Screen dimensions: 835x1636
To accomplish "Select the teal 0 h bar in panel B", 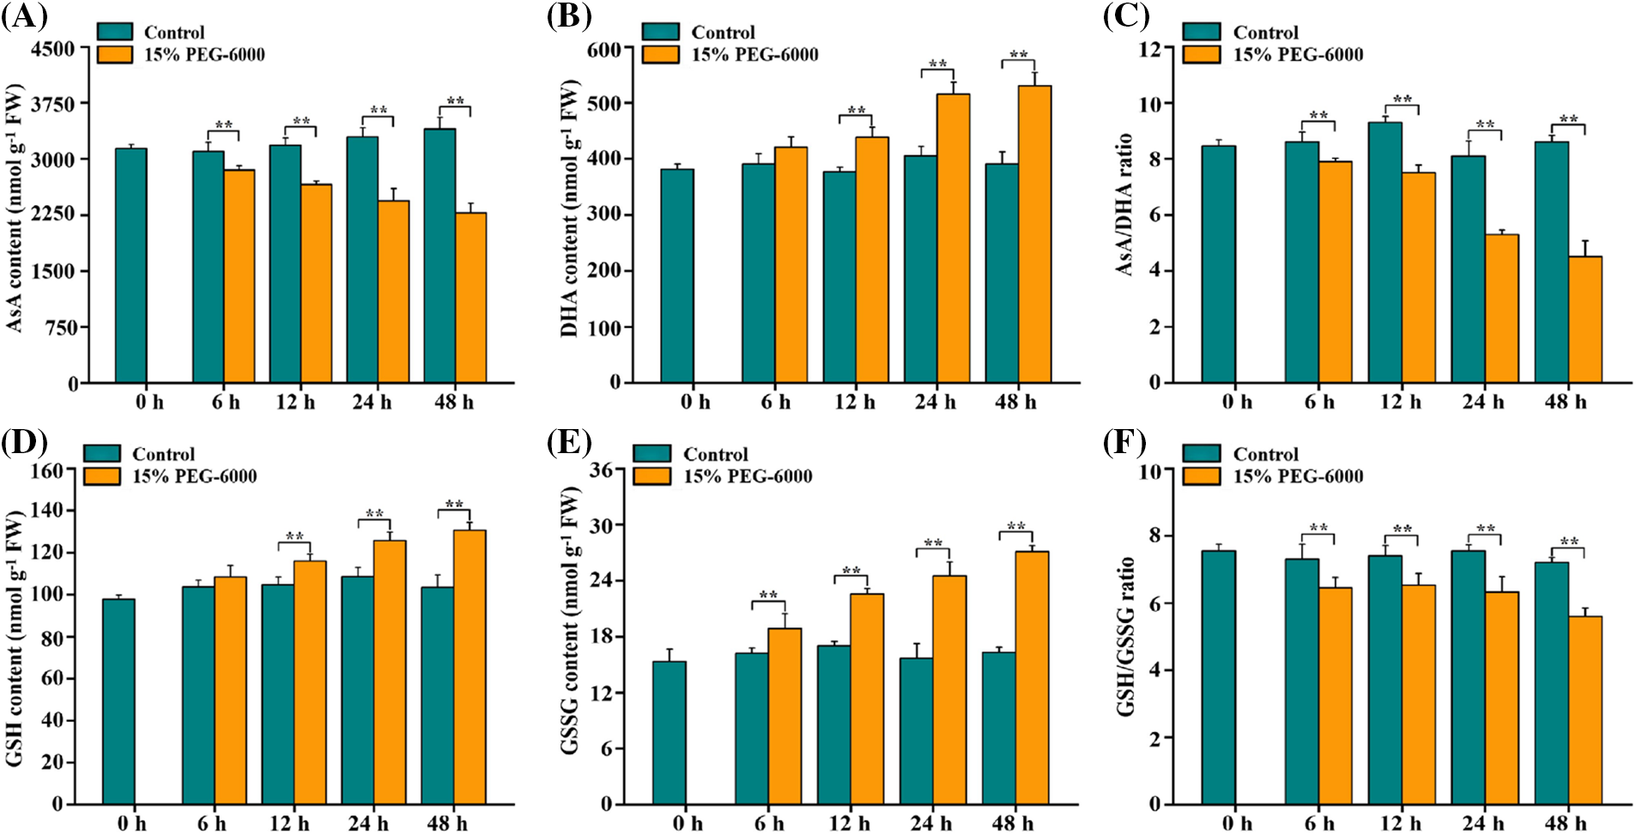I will (677, 275).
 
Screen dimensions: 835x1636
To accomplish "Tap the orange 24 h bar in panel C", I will (1501, 308).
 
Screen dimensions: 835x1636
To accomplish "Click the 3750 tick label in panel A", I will (52, 104).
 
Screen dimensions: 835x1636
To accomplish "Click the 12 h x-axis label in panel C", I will (1400, 402).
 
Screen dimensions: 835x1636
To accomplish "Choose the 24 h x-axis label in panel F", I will (1483, 823).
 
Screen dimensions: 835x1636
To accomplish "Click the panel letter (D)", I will (23, 442).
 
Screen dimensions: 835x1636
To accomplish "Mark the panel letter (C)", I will (1125, 17).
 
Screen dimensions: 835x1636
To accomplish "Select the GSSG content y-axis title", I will (570, 620).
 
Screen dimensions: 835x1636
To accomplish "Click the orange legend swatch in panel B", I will (660, 54).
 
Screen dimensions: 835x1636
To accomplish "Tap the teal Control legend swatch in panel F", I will (1201, 454).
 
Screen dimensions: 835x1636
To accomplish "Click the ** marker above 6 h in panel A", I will (223, 126).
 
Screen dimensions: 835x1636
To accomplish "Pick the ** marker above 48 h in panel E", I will (1015, 527).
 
